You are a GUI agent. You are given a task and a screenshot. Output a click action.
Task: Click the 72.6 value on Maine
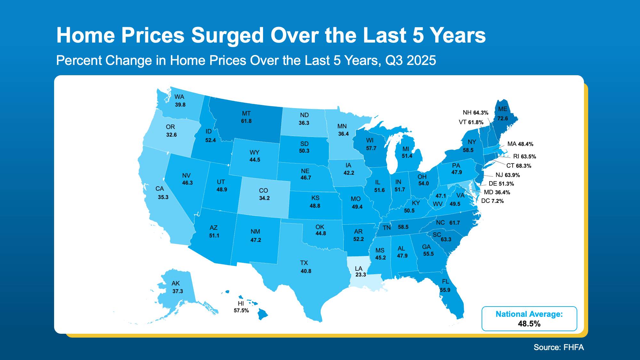[502, 118]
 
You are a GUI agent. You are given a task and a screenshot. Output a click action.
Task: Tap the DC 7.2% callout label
[492, 201]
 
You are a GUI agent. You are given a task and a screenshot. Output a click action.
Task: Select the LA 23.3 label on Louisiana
[360, 272]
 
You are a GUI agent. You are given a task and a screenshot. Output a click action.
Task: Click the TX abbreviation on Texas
[304, 263]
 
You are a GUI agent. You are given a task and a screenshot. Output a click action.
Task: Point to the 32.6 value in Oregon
[171, 135]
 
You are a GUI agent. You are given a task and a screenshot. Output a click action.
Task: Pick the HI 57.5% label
[241, 307]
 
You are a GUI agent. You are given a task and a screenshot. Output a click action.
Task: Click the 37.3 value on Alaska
[178, 291]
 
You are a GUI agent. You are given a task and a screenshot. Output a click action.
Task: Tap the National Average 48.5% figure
[529, 324]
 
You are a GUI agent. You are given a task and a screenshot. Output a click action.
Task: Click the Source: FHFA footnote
[558, 347]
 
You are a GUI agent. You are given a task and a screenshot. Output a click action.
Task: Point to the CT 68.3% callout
[518, 166]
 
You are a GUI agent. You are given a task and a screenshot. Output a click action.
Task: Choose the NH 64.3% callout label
[475, 113]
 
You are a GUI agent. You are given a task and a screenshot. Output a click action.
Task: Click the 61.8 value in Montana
[246, 121]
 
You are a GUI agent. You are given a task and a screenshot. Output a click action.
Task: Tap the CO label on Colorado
[263, 190]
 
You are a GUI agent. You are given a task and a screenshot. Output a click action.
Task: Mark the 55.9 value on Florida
[445, 290]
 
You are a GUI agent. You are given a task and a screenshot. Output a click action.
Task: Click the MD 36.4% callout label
[497, 192]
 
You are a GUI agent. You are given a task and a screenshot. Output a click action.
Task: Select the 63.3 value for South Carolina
[446, 239]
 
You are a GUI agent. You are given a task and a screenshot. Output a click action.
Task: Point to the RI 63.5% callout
[524, 156]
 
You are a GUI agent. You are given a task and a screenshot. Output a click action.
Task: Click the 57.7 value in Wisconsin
[371, 148]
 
